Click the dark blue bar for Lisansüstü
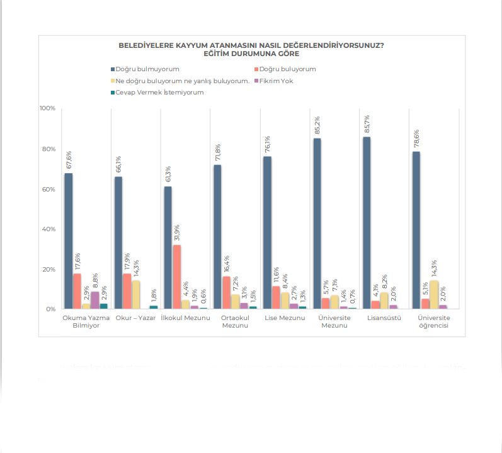(367, 223)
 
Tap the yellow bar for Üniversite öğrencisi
(434, 286)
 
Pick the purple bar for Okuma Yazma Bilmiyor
(95, 301)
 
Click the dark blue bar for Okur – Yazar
(118, 243)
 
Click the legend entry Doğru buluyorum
(287, 69)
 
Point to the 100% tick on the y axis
(48, 108)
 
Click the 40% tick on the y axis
(49, 229)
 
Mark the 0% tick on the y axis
(51, 309)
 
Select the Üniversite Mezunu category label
(334, 322)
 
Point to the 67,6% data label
(69, 161)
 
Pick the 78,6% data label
(416, 140)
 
